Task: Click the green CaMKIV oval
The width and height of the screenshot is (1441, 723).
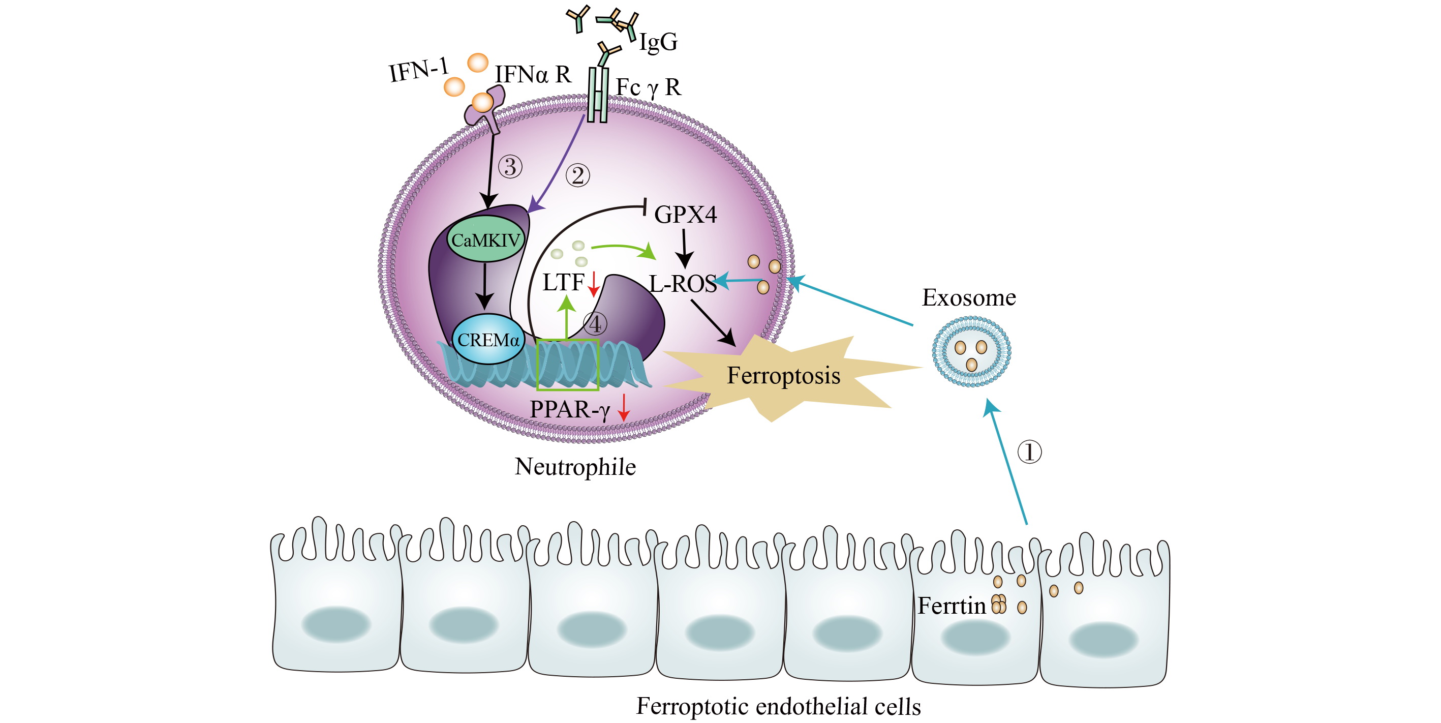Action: (x=485, y=239)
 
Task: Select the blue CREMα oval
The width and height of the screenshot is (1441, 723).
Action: (x=488, y=340)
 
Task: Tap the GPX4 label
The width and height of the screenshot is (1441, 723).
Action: (x=685, y=215)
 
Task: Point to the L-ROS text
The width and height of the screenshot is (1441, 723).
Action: (x=683, y=284)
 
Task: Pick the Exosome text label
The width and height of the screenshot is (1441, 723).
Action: (x=968, y=297)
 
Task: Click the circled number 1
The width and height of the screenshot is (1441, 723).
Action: (x=1029, y=451)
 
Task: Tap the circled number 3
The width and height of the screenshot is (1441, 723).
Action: (x=510, y=167)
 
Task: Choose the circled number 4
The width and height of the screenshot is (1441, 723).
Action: (x=595, y=323)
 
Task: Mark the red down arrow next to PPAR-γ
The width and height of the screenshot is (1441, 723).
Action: (x=624, y=407)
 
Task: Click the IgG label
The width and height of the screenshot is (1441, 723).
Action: (x=658, y=41)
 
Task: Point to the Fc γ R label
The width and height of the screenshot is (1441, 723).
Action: (x=649, y=87)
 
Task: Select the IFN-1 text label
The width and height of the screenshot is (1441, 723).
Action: (x=418, y=71)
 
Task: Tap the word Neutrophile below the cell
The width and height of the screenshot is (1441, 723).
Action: (x=575, y=467)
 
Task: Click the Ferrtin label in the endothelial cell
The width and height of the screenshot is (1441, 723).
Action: (x=951, y=606)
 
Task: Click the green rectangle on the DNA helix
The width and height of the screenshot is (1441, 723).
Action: (x=567, y=365)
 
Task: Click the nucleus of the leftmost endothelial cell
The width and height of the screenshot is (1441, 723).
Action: (x=335, y=624)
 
